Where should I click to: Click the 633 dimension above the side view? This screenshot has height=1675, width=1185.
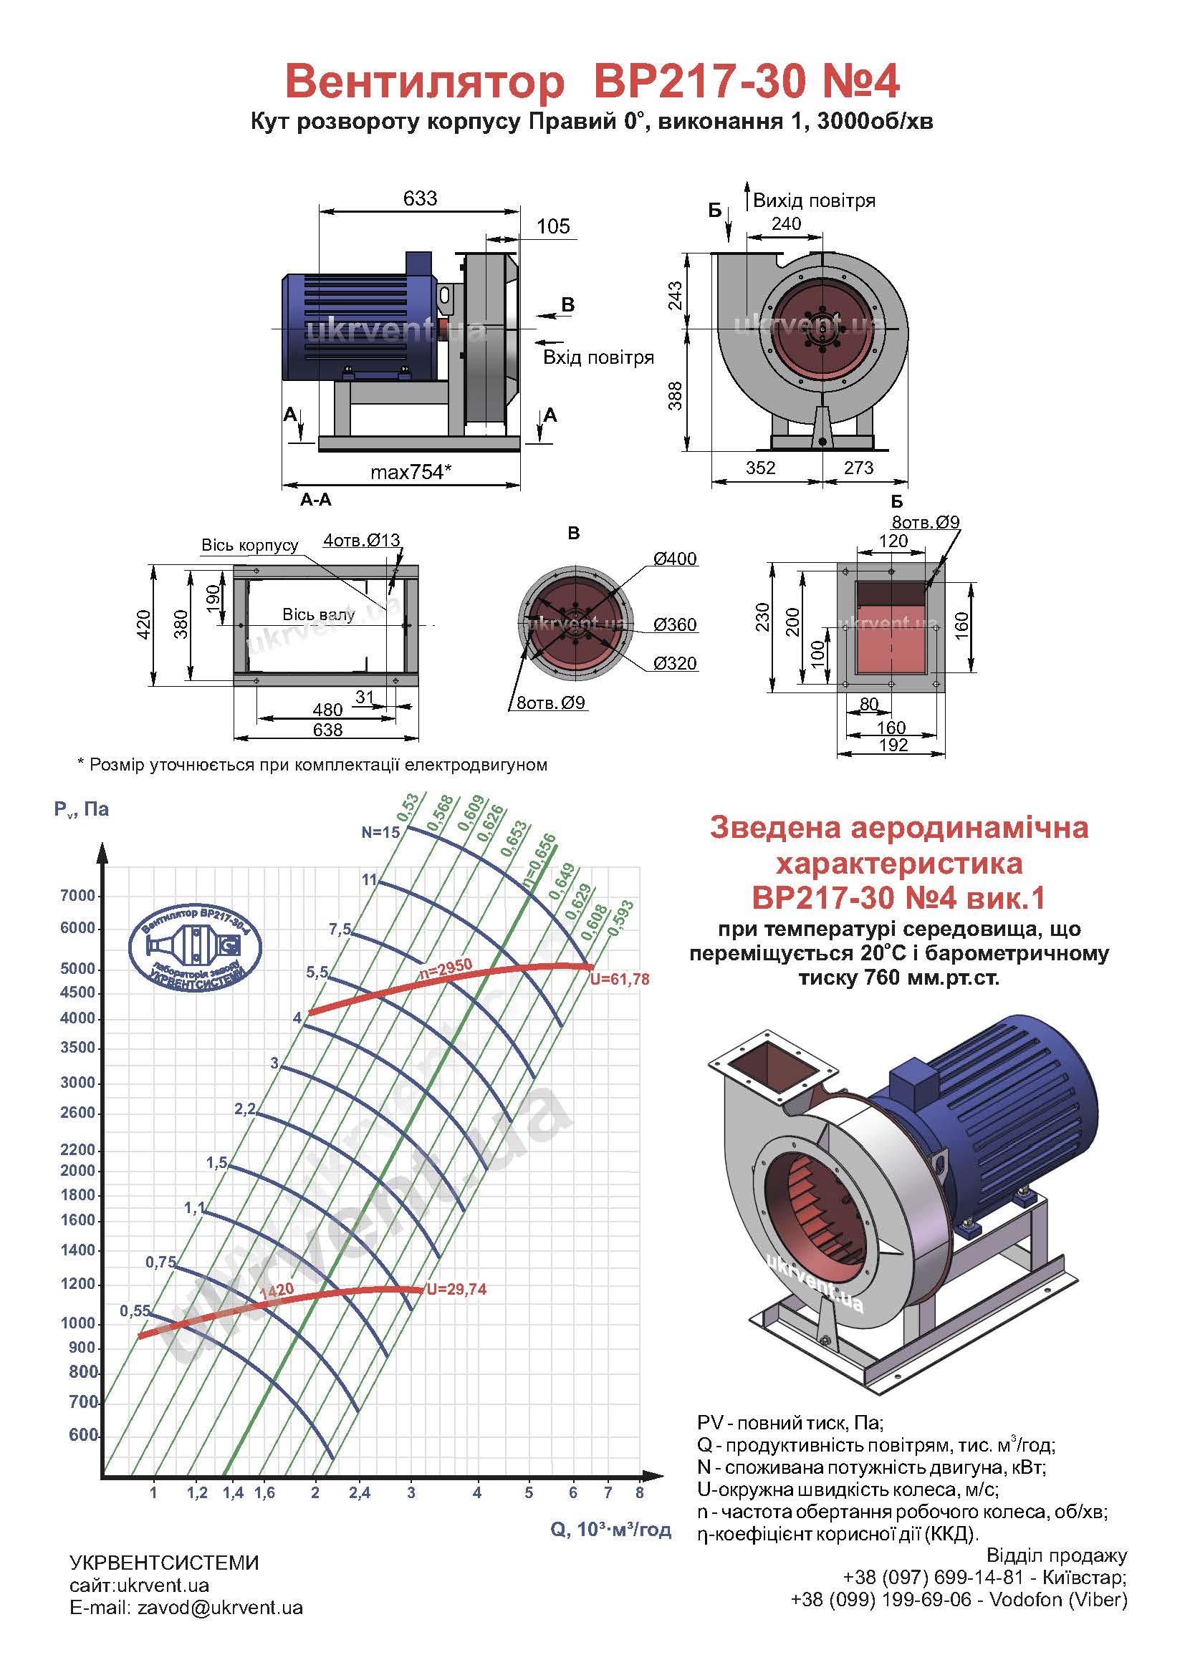[x=420, y=198]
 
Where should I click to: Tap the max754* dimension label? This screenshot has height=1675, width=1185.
[x=411, y=472]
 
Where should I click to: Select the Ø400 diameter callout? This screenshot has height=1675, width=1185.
[x=675, y=559]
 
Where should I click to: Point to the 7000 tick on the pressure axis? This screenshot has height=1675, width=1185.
[x=78, y=896]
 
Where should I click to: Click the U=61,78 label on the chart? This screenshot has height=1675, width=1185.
[x=620, y=980]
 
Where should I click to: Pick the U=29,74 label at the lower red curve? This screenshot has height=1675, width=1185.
[x=457, y=1289]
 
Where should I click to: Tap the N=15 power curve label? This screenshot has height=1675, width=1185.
[x=381, y=832]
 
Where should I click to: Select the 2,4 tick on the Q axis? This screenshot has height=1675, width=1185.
[x=360, y=1493]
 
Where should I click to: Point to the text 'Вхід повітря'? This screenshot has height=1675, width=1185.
[x=598, y=357]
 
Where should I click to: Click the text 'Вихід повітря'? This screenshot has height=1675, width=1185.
[x=814, y=201]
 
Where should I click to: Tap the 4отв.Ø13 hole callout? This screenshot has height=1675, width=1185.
[x=362, y=541]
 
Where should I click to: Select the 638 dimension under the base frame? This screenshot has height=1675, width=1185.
[x=327, y=730]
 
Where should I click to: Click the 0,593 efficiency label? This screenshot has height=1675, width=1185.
[x=621, y=918]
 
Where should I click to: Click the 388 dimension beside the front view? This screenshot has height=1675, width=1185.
[x=676, y=395]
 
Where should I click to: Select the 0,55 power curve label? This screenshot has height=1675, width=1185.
[x=135, y=1311]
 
